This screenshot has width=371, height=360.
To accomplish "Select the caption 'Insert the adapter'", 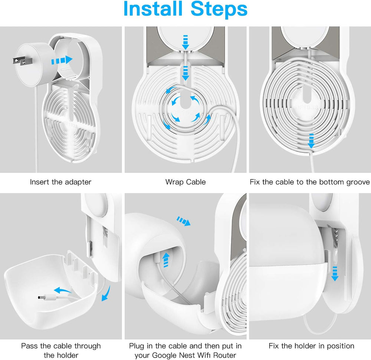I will [60, 182].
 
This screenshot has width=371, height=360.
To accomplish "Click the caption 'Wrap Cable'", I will [185, 182].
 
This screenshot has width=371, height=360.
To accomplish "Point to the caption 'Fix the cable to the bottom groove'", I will [310, 182].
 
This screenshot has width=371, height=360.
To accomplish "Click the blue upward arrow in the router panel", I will [166, 258].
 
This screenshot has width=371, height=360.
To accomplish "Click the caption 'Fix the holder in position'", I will [311, 346].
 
